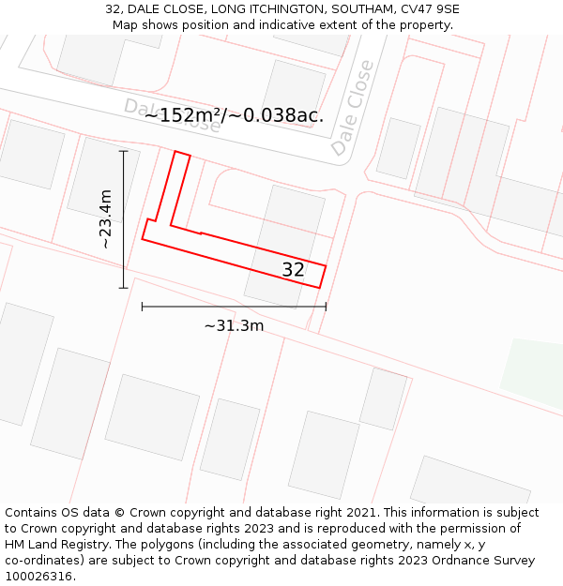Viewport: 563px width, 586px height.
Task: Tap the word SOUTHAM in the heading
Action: click(363, 9)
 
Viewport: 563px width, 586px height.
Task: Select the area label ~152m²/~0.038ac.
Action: click(234, 115)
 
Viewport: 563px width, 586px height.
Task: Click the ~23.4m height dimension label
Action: click(106, 218)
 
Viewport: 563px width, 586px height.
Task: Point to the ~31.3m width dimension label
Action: click(234, 326)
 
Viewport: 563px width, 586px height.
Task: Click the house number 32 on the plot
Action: click(293, 270)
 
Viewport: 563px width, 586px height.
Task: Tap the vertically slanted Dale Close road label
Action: click(352, 109)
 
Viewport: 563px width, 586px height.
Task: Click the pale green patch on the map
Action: click(534, 373)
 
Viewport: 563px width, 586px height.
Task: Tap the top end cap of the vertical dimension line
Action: click(123, 150)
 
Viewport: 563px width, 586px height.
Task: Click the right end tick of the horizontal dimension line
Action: click(326, 306)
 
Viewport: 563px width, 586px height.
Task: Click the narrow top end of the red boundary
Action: click(182, 154)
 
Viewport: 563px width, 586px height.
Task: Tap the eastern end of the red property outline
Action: click(323, 277)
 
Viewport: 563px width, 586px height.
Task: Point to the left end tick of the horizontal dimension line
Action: click(142, 306)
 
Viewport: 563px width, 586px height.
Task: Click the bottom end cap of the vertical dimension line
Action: click(123, 288)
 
